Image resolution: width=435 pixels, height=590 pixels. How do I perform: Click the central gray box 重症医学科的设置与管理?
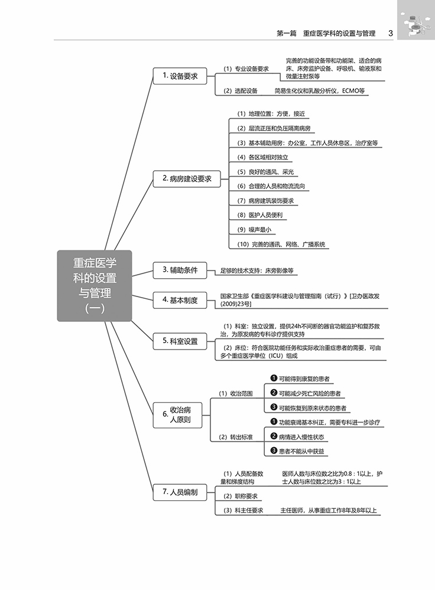coord(95,285)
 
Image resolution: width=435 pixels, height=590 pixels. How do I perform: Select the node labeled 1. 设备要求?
coord(180,76)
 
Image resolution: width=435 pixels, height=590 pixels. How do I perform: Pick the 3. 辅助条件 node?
coord(180,270)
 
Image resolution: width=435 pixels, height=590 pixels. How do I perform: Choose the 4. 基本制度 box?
coord(180,300)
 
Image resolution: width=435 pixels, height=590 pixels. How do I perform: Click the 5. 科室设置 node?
coord(180,341)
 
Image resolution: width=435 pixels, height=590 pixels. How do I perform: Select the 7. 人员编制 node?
coord(180,491)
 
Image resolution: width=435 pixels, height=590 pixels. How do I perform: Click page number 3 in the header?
coord(391,34)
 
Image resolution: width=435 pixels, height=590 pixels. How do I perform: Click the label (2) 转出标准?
coord(236,437)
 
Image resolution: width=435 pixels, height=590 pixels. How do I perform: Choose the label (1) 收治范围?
coord(236,393)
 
